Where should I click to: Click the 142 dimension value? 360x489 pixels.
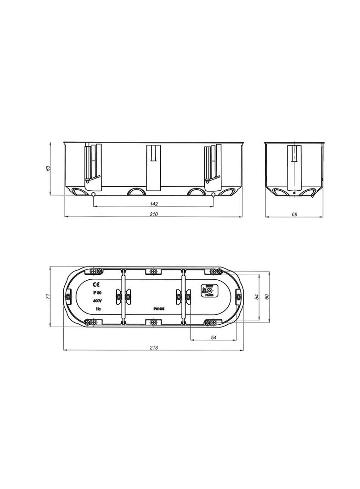(x=154, y=204)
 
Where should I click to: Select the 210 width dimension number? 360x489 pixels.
(x=154, y=214)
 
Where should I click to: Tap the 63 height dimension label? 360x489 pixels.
(x=48, y=168)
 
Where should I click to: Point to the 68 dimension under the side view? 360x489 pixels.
(x=294, y=214)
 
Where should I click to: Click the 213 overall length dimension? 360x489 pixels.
(x=154, y=348)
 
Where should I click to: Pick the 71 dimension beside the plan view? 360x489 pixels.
(x=48, y=296)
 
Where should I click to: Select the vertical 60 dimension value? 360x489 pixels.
(x=266, y=296)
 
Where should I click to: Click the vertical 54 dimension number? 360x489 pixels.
(x=257, y=297)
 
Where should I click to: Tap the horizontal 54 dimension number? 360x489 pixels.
(x=213, y=338)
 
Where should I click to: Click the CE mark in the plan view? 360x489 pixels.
(x=96, y=284)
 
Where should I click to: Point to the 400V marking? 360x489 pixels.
(x=97, y=301)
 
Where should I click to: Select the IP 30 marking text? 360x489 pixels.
(x=97, y=293)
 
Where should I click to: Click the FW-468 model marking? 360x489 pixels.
(x=159, y=309)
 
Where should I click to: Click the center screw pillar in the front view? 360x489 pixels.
(x=153, y=167)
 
